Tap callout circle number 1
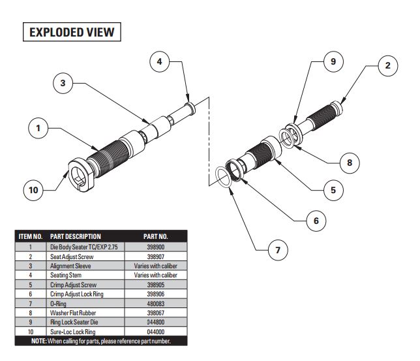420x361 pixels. tap(40, 129)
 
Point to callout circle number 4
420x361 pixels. tap(161, 63)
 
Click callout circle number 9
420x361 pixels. tap(333, 63)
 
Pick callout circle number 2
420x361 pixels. tap(388, 65)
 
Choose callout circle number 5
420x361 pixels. tap(333, 191)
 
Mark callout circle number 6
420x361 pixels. tap(316, 221)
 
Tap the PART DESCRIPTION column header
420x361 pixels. tap(76, 236)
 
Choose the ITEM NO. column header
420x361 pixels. tap(30, 236)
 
